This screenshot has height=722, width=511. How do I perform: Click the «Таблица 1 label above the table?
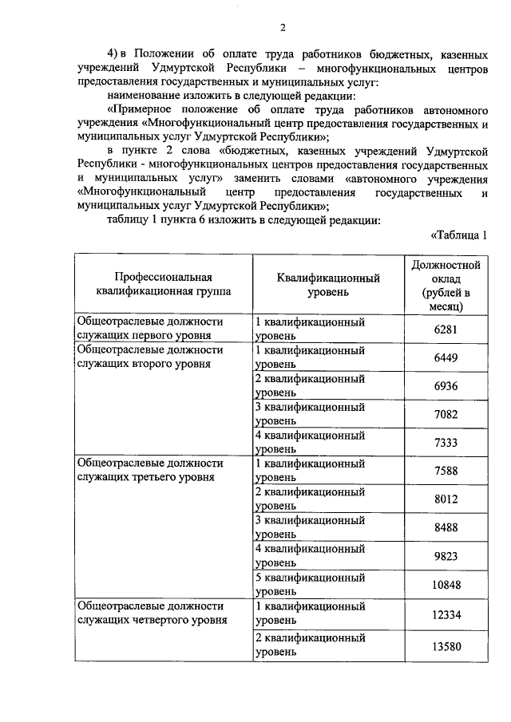pos(459,235)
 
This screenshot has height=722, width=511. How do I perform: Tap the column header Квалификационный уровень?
pos(327,284)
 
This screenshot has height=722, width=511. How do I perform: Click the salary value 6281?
pos(448,329)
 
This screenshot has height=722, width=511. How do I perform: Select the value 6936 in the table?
pos(448,386)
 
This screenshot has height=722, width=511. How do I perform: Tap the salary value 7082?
pos(448,415)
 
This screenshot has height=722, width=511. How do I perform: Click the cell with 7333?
pos(448,443)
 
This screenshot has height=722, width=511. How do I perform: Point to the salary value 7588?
pos(448,471)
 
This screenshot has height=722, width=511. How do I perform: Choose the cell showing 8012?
pos(448,499)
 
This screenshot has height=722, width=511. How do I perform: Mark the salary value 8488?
pos(448,528)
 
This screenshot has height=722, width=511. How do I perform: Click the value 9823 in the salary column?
pos(448,557)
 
